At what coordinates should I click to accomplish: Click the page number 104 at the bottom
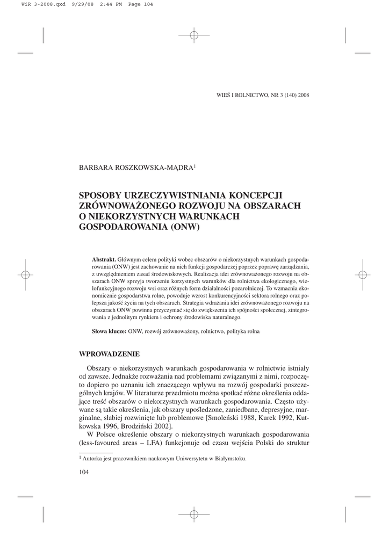(84, 472)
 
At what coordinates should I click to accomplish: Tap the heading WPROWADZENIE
(109, 354)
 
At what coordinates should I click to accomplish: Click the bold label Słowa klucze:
(109, 331)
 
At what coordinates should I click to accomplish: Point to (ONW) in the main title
(185, 227)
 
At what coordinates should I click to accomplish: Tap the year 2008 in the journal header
(302, 96)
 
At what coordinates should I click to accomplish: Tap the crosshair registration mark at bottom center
(194, 514)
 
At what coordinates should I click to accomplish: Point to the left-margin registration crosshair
(25, 274)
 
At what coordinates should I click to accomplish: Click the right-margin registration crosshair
(363, 274)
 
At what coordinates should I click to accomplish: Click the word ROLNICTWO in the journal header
(249, 96)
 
